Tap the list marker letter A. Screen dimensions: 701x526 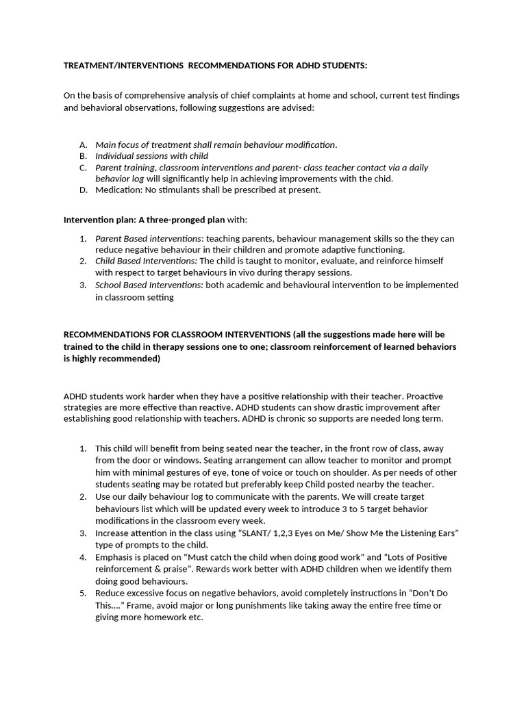83,144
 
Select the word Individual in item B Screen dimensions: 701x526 116,156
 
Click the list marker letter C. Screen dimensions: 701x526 83,167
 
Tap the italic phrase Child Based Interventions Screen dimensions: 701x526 146,261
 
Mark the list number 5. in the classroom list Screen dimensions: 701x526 83,592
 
